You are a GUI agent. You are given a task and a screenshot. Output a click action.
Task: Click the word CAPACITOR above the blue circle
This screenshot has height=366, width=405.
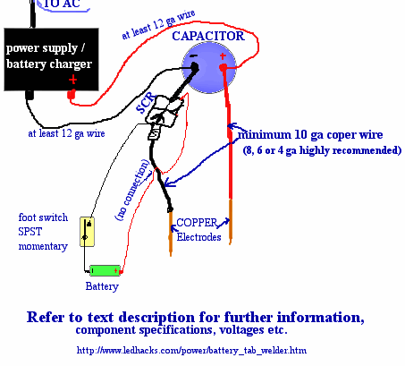coord(208,36)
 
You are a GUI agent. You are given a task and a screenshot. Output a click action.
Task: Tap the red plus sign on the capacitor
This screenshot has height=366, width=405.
coord(223,55)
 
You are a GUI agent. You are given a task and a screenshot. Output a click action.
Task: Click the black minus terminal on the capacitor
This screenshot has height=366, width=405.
coord(195,67)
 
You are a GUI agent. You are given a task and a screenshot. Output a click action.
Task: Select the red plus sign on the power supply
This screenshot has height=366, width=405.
coord(72,80)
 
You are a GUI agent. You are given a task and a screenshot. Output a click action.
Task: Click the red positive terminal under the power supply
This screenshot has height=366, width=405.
coord(72,95)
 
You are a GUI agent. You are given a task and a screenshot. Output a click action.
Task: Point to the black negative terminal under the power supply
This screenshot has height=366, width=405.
coord(30,95)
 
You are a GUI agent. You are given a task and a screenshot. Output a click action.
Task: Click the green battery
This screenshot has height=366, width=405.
coord(105,270)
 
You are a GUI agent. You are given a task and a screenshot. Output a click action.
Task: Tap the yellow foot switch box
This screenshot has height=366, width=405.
coord(87,232)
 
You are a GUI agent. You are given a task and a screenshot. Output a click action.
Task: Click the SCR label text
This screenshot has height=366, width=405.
coord(146,103)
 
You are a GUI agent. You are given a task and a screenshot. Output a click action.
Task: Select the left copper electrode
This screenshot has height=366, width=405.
coord(171,233)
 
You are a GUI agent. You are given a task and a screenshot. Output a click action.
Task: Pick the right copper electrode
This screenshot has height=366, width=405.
coord(231,221)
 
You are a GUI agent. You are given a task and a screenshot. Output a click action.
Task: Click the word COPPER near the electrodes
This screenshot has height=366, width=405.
coord(197,223)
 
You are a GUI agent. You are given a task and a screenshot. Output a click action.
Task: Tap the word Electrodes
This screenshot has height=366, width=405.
coord(198,237)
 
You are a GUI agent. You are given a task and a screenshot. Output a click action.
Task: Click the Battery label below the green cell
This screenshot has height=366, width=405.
coord(102,286)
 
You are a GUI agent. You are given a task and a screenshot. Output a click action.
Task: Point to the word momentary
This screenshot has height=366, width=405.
coord(43,246)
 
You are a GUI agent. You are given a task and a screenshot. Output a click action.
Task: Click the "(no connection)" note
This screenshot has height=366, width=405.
coord(132,190)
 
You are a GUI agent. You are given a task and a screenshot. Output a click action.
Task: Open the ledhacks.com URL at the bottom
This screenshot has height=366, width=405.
coord(191,350)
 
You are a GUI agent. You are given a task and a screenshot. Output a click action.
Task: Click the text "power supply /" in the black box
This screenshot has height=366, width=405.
coord(46,48)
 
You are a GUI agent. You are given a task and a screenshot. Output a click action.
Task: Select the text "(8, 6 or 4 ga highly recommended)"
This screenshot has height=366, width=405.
coord(322,150)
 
